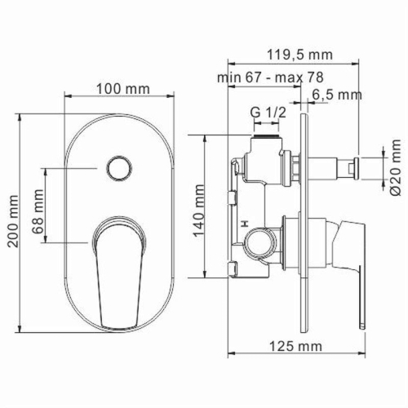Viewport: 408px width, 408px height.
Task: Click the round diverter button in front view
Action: click(x=118, y=170)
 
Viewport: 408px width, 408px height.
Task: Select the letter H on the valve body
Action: click(x=244, y=221)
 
